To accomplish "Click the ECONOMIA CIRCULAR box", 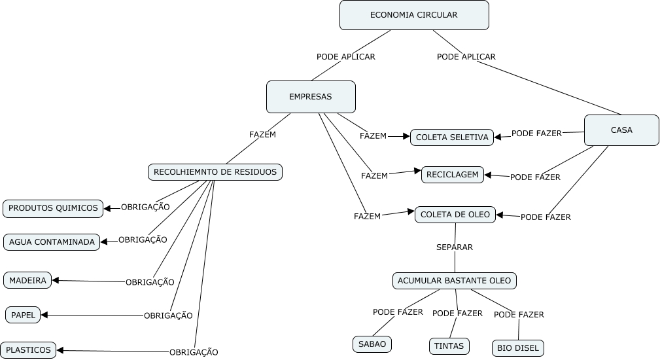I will (x=414, y=15).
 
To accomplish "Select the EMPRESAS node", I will (x=311, y=97).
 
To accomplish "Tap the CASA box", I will (x=621, y=130).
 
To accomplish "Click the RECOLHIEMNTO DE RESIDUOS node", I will (x=215, y=172).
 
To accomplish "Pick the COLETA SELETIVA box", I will (x=452, y=137).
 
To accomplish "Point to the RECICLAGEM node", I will (x=453, y=175).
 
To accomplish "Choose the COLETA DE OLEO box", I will (x=455, y=214).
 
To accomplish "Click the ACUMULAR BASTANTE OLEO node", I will (x=455, y=281).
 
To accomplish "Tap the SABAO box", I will (x=372, y=344).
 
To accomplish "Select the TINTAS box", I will (x=449, y=346).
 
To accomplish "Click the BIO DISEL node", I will (x=517, y=348).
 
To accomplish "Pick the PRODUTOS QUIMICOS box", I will (x=53, y=208).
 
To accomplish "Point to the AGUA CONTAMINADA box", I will (x=52, y=242).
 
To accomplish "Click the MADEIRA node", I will (x=27, y=280).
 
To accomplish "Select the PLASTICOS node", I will (x=28, y=350).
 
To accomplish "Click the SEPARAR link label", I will (x=455, y=247).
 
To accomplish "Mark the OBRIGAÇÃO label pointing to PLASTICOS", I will (x=194, y=352).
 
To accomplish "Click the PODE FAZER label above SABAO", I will (x=398, y=312).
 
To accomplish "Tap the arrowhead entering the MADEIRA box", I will (x=56, y=280).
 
